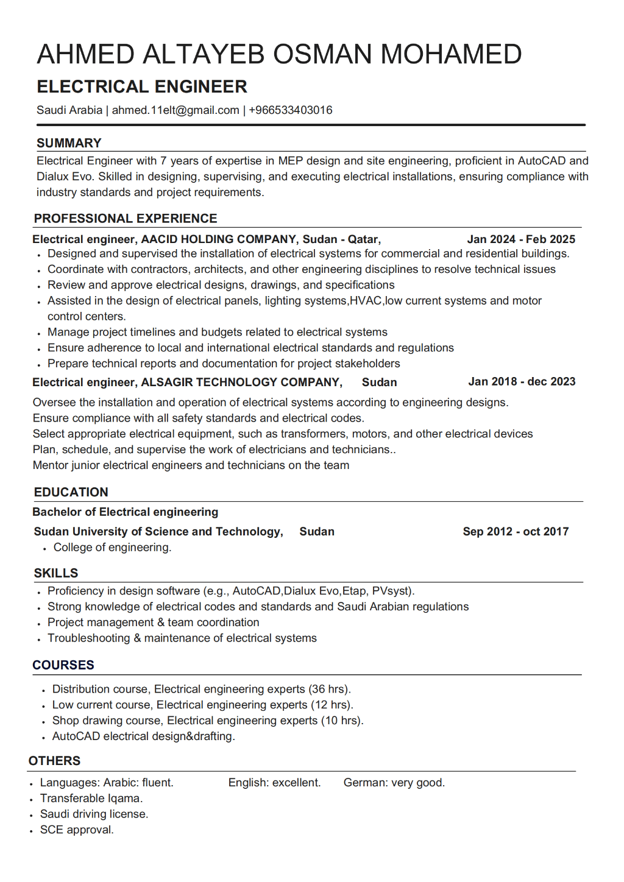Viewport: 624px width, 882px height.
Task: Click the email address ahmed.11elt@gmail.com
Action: pos(175,110)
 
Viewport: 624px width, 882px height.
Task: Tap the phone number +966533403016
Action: pos(291,110)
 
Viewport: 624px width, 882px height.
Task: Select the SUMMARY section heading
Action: pos(69,143)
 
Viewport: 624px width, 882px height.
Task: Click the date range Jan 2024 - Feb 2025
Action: pos(521,239)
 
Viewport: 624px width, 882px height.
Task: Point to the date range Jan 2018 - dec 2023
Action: pos(522,382)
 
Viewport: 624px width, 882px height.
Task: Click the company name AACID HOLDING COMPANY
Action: pos(219,239)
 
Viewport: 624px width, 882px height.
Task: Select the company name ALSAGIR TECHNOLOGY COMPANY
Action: pos(241,383)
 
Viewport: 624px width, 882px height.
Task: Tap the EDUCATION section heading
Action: pos(71,492)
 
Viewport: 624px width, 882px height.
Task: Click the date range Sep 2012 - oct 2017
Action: pos(516,532)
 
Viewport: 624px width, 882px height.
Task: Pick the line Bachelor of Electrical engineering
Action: pos(126,512)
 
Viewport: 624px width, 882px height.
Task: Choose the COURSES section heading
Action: pos(63,665)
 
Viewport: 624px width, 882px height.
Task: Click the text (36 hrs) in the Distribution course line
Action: pos(328,690)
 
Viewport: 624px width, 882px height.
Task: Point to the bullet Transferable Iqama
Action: pos(91,799)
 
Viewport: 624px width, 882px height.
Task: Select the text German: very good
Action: pos(394,783)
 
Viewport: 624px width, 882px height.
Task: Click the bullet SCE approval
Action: pos(77,830)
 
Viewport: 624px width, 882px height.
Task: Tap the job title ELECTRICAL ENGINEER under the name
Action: pos(142,86)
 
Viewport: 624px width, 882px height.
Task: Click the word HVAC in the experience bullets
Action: pos(366,301)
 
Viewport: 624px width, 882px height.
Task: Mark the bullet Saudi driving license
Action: pos(94,814)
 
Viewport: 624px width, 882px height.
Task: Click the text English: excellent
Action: pos(274,783)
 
